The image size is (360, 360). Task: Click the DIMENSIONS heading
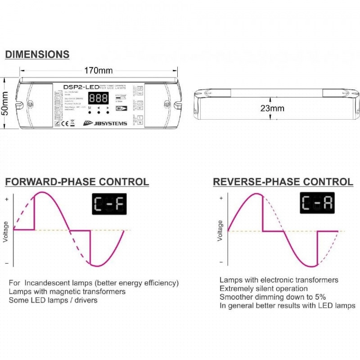(37, 54)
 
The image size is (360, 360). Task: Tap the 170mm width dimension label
(99, 70)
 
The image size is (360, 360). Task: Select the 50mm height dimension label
(5, 104)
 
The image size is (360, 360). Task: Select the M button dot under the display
(90, 112)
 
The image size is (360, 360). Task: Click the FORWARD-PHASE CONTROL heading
(76, 182)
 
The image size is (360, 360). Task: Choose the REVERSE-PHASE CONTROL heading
(283, 182)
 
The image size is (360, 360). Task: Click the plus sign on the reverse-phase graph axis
(220, 198)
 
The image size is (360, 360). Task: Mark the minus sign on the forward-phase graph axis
(6, 263)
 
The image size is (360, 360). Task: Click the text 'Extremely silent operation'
(264, 288)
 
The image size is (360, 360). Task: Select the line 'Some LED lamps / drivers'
(53, 300)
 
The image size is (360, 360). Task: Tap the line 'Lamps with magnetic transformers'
(67, 292)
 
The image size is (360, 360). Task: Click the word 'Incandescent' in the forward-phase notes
(45, 283)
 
